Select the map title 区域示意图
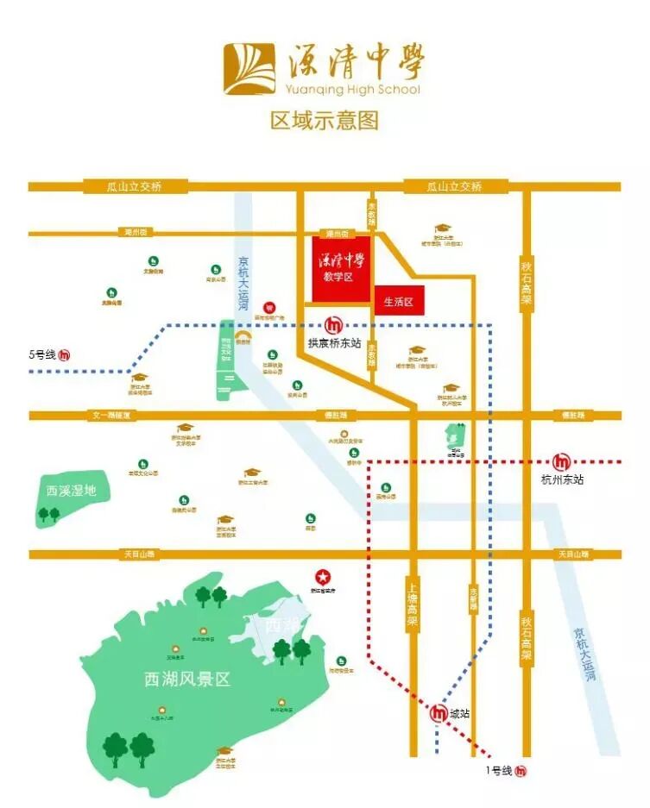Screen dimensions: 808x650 coord(325,120)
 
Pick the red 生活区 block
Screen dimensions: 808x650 coord(399,302)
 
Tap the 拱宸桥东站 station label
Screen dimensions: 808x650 coord(334,342)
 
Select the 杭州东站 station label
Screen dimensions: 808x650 coord(562,479)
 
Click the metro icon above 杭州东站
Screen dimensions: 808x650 coord(562,461)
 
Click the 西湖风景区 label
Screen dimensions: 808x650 coord(187,679)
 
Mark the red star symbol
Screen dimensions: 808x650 coord(322,576)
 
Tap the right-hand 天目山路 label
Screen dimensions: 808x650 coord(573,554)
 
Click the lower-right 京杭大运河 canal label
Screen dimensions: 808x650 coord(584,655)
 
